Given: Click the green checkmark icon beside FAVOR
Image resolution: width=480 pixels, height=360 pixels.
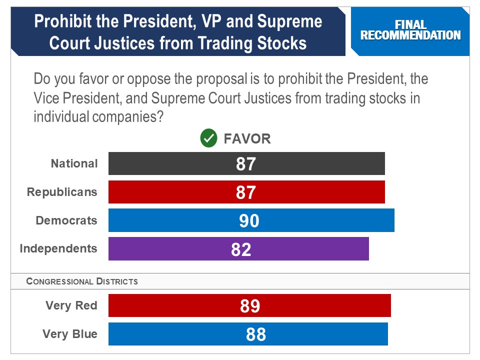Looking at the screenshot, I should pos(208,138).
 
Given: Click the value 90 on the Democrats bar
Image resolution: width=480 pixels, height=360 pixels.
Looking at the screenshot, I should pos(249,221).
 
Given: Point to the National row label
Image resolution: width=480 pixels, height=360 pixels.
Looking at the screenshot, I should pos(74,163).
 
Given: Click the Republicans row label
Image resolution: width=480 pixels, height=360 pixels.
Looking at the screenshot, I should pos(62,192).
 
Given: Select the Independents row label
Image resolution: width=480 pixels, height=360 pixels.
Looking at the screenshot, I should pos(58,248).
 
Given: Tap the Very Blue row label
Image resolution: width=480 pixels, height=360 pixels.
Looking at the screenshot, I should pos(70,334).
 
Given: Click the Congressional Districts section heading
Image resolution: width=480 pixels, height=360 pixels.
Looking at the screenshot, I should pos(82,281).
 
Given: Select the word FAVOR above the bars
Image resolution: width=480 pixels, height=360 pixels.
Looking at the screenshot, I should pos(247,138).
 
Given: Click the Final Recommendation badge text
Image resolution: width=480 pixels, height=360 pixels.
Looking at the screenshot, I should pos(410,30).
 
